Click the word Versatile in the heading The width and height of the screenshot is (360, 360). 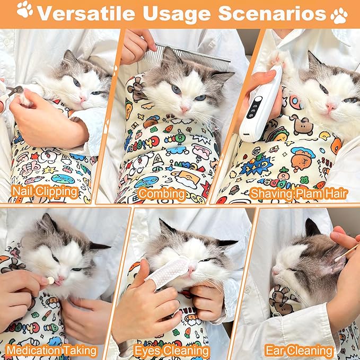90,13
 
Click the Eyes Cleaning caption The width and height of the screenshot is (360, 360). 171,350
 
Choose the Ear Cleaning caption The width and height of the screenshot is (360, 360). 300,350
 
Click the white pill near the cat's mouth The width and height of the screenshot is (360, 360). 50,279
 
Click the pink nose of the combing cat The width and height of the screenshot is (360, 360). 185,109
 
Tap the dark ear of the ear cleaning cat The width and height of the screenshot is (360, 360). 312,229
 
